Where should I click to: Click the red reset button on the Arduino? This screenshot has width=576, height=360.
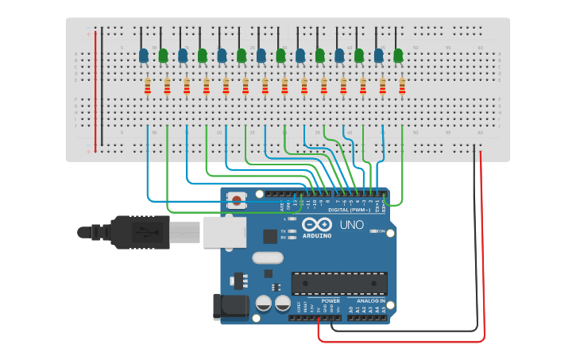point(236,197)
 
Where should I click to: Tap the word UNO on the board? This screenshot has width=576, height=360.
point(352,225)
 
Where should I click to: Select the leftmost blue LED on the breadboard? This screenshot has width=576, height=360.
point(143,56)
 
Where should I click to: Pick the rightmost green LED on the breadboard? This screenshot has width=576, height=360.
point(398,56)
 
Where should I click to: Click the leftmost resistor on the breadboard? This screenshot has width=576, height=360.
point(148,86)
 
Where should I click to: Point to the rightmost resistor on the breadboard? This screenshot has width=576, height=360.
point(402,86)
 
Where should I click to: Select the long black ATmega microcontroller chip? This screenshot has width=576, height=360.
point(339,283)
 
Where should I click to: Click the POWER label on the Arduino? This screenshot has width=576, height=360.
point(331,301)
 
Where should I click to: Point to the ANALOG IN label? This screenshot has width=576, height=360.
point(370,301)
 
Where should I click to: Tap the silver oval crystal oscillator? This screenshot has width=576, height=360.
point(268,257)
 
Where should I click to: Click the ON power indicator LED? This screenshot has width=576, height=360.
point(373,231)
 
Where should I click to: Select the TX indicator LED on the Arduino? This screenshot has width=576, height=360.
point(292,231)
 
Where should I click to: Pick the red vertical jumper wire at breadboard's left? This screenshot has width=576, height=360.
point(95,91)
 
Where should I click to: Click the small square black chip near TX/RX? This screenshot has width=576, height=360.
point(271,236)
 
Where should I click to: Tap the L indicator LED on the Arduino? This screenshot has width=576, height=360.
point(292,219)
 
